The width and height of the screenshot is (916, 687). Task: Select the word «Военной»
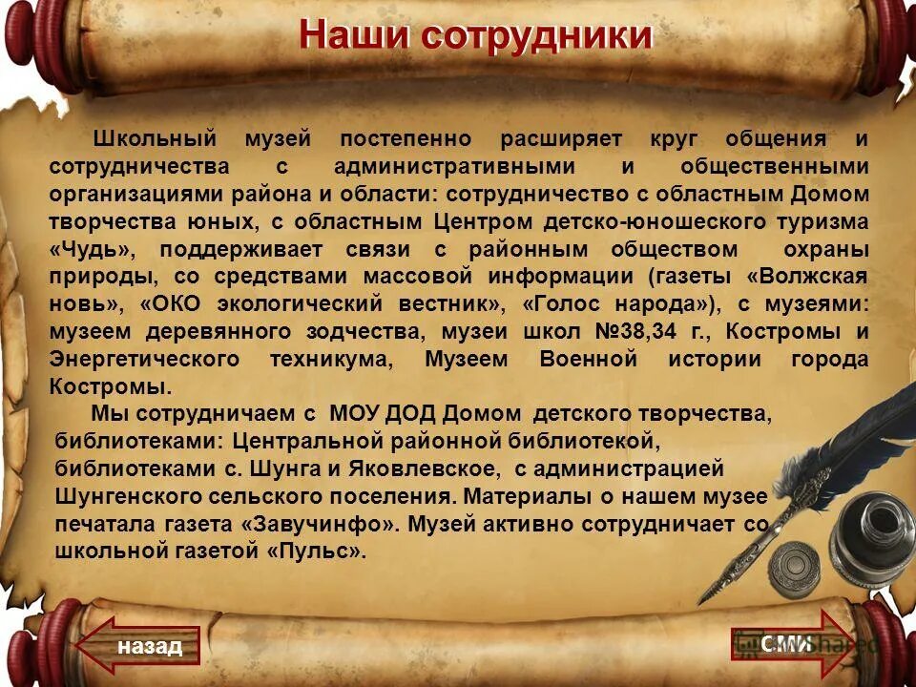point(588,361)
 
